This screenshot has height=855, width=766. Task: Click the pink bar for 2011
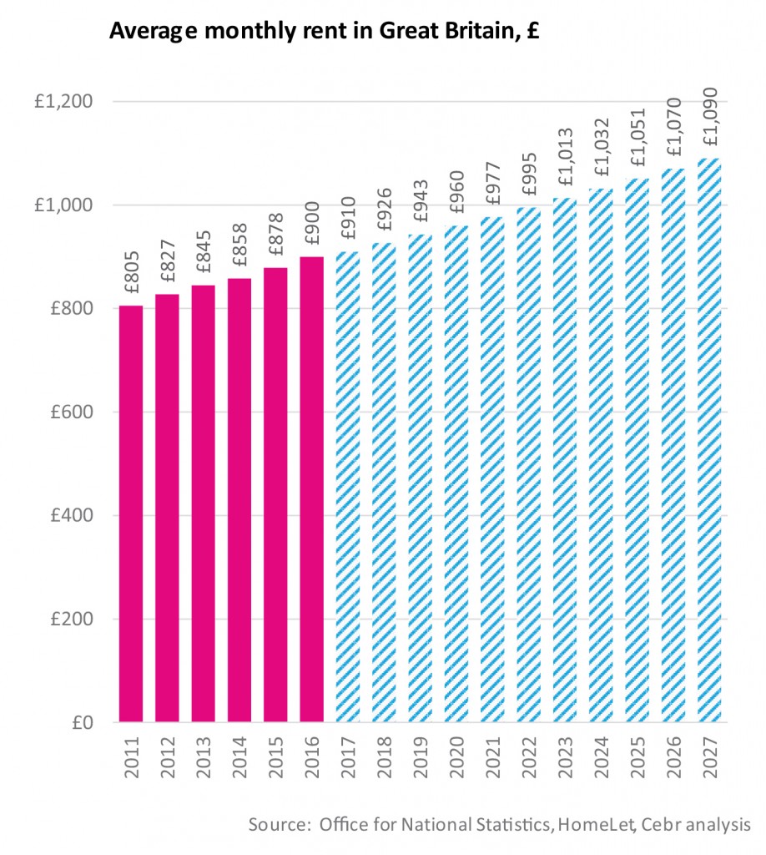coord(131,514)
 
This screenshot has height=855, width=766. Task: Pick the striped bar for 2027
coord(708,440)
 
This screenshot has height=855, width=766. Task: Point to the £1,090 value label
coord(708,119)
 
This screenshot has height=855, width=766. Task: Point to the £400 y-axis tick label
coord(69,515)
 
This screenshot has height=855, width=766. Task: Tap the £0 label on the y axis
coord(81,722)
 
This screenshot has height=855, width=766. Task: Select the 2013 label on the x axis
coord(204,756)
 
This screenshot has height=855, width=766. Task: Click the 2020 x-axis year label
coord(456,756)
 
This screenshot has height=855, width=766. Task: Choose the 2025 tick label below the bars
coord(637,756)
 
